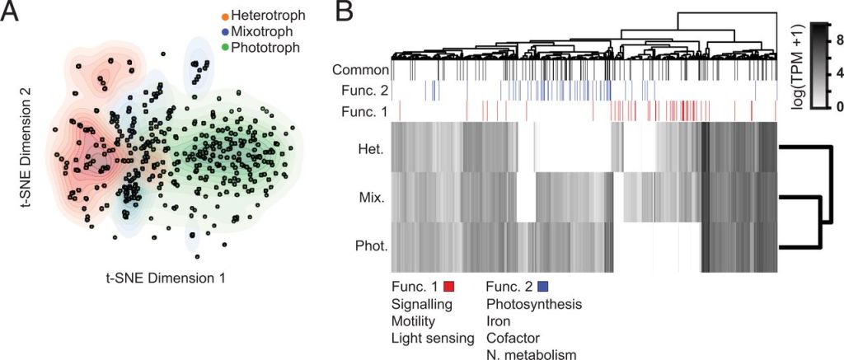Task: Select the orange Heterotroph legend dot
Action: pos(225,16)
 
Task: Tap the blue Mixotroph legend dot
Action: pos(225,31)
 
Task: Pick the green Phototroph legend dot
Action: pos(225,47)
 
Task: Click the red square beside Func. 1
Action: pos(449,287)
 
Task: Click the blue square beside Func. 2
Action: pos(543,287)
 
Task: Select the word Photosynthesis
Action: pos(534,304)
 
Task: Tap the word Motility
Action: pos(414,321)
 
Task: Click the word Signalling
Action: pos(420,304)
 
